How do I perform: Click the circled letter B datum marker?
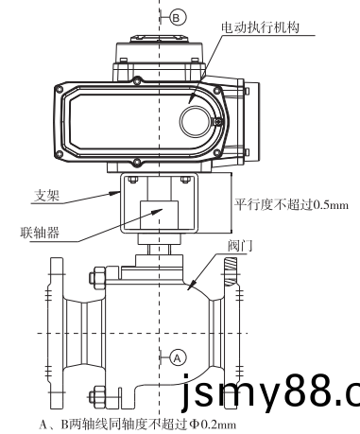pos(179,18)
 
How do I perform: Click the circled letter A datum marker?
pos(178,358)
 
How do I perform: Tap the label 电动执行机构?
pos(260,27)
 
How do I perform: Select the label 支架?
pos(46,196)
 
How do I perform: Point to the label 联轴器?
pos(40,233)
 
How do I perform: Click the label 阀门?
pos(240,246)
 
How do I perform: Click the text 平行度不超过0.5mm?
pos(291,205)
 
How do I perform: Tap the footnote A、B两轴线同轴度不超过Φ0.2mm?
pos(138,425)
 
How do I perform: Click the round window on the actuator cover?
pos(195,121)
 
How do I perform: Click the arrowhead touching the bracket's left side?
pos(115,193)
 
